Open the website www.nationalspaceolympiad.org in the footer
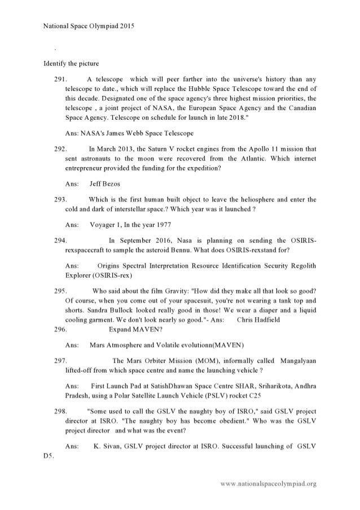(x=269, y=484)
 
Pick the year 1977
(x=172, y=224)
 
